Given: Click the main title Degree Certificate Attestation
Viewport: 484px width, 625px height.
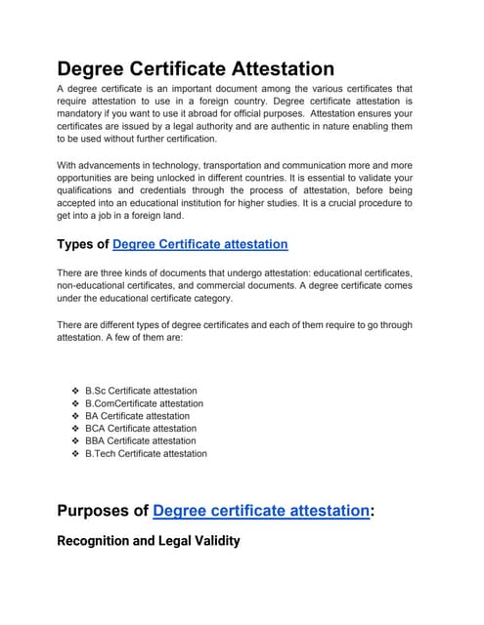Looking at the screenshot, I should tap(196, 69).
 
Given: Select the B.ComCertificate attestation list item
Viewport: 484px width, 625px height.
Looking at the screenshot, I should tap(144, 403).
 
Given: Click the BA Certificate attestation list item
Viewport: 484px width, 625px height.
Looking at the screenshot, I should tap(137, 416).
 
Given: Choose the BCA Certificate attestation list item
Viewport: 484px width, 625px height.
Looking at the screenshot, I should tap(140, 429).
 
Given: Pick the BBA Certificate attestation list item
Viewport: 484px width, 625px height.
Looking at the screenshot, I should tap(140, 441).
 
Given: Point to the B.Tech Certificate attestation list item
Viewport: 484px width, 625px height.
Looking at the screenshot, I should tap(146, 454).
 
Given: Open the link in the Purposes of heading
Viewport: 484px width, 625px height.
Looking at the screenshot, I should tap(262, 510).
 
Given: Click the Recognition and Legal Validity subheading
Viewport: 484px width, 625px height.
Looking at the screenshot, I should tap(149, 541).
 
